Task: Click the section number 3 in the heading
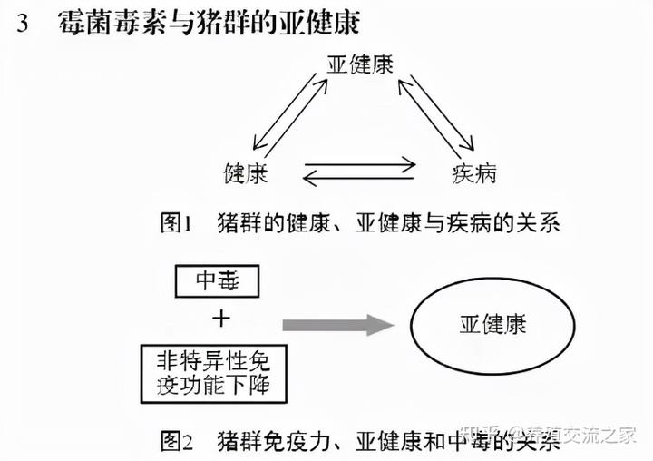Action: [24, 24]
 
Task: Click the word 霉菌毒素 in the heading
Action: [99, 24]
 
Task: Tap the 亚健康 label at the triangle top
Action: [360, 65]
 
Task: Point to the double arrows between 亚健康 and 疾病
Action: [436, 113]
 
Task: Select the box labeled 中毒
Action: [217, 282]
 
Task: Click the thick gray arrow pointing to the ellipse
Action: [336, 323]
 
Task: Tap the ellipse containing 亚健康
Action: [494, 323]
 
